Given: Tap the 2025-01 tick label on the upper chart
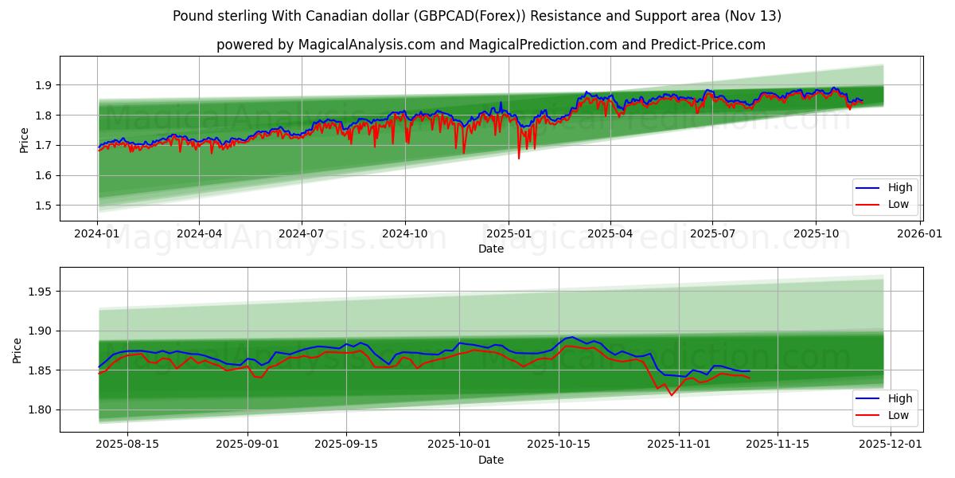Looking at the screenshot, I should click(x=508, y=233).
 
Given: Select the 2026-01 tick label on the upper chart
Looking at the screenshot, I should click(x=920, y=233).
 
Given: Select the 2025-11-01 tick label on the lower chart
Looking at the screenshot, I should click(x=679, y=444).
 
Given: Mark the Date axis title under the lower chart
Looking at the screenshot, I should click(x=490, y=460).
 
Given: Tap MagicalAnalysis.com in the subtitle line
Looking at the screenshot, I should click(x=367, y=45).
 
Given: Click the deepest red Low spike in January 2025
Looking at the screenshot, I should click(x=519, y=158).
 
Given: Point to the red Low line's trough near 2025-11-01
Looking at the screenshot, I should click(x=671, y=395).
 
